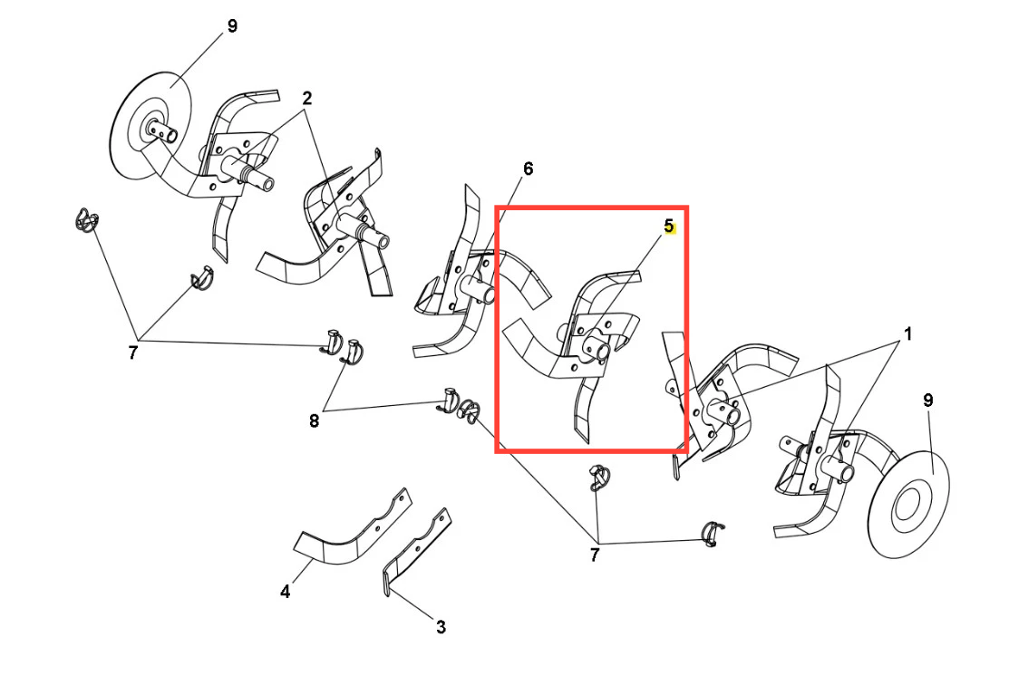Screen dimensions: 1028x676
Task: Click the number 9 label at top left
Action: (x=232, y=26)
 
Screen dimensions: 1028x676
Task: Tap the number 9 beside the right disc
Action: (x=927, y=401)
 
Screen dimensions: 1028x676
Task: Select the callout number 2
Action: (x=306, y=98)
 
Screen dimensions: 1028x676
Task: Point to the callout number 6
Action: (x=528, y=169)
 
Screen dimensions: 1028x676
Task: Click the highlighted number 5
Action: (x=668, y=227)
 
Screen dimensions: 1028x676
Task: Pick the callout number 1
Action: (x=908, y=334)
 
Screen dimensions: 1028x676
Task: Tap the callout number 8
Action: (x=314, y=421)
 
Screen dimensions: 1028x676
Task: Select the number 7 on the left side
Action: (x=133, y=353)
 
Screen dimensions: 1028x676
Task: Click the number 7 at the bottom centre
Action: (x=595, y=555)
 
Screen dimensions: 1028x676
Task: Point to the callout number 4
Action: (x=286, y=592)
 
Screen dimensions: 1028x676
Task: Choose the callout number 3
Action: (x=441, y=628)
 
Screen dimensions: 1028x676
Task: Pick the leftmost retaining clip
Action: (x=86, y=219)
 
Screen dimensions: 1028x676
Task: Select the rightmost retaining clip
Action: (x=712, y=533)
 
